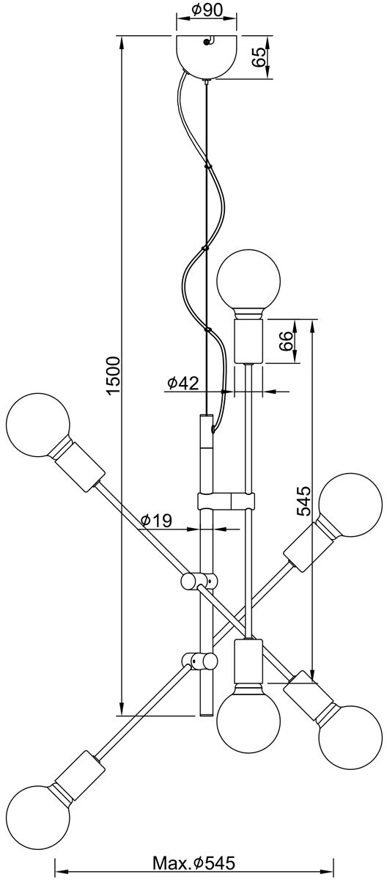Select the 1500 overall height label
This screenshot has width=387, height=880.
point(114,375)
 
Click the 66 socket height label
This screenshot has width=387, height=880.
point(286,340)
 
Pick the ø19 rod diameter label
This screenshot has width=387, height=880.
point(156,521)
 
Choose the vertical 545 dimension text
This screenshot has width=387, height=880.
point(303,501)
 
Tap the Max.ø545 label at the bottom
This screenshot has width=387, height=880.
point(193,860)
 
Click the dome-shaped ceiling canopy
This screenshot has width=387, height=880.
point(207,56)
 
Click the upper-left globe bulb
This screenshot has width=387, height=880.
point(38,425)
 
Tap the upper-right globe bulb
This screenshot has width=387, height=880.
point(350,505)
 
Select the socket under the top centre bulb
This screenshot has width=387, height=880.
point(249,340)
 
